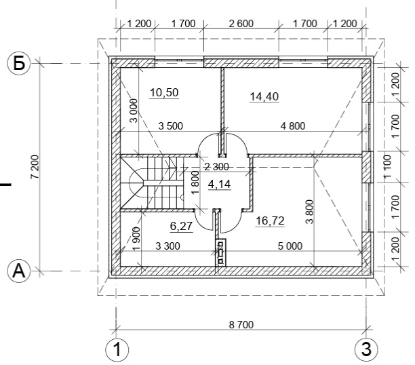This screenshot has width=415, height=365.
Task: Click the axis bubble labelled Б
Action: tap(19, 63)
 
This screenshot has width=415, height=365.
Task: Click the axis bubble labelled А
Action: tap(19, 271)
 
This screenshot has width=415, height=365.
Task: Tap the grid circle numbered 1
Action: tap(117, 349)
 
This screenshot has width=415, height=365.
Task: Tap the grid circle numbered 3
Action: tap(366, 349)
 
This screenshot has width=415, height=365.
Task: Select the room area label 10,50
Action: tap(164, 93)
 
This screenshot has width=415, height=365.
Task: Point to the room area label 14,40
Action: tap(264, 97)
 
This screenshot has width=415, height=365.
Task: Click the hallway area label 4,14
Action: tap(220, 184)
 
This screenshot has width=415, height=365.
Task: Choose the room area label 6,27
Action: tap(181, 226)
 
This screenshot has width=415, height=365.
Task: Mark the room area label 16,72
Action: tap(271, 220)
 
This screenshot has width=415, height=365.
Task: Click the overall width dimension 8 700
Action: tap(241, 324)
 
